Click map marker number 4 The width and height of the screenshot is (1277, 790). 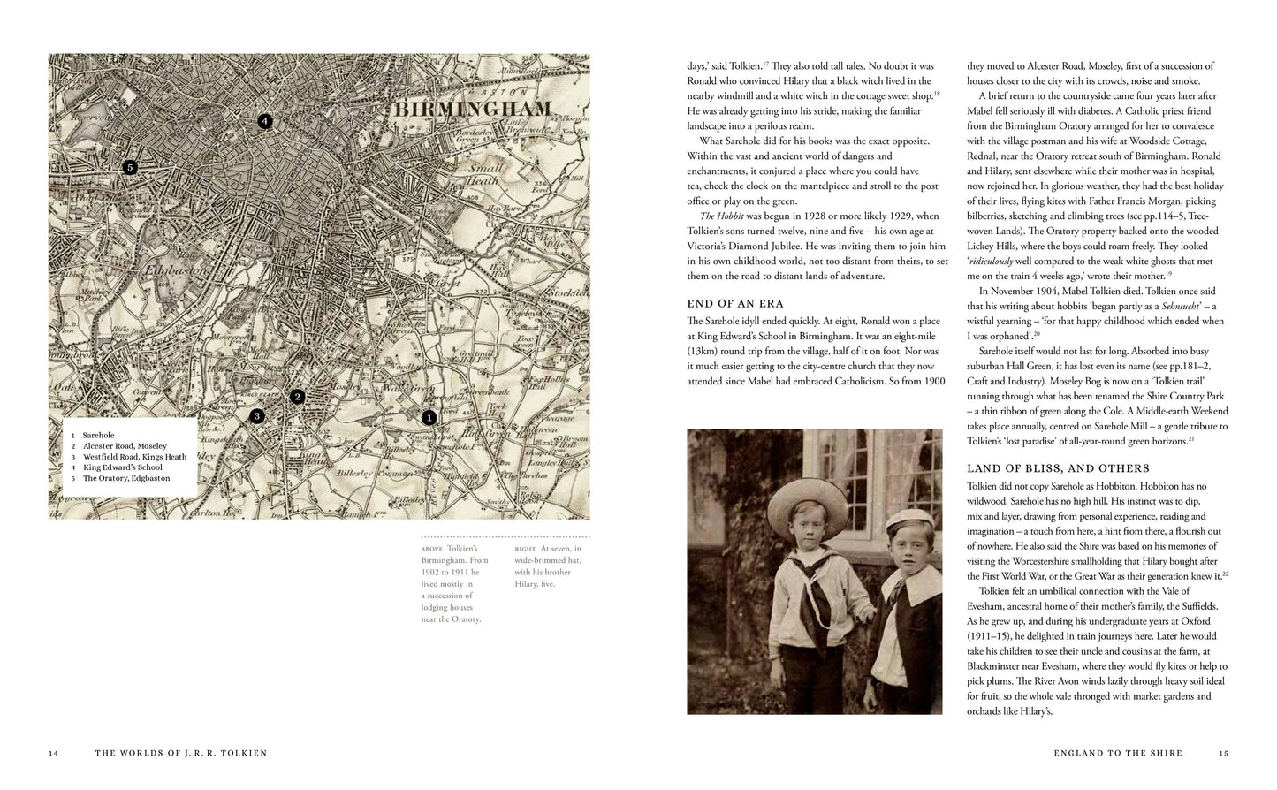click(264, 122)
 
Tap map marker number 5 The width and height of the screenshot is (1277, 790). click(130, 167)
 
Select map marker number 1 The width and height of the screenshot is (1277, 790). click(429, 417)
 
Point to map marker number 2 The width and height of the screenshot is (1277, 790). click(298, 397)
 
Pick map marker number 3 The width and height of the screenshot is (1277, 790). click(257, 415)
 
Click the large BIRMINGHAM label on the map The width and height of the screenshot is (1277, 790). click(472, 110)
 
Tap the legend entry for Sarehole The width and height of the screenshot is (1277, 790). click(98, 435)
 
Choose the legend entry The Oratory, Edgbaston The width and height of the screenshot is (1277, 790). click(125, 478)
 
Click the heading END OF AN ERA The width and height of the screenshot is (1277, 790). click(735, 304)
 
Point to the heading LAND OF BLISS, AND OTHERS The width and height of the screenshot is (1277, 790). click(1058, 468)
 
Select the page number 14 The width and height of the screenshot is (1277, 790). click(53, 753)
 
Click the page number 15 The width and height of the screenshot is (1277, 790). click(1223, 753)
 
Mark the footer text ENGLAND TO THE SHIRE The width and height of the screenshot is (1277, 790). click(1118, 753)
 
